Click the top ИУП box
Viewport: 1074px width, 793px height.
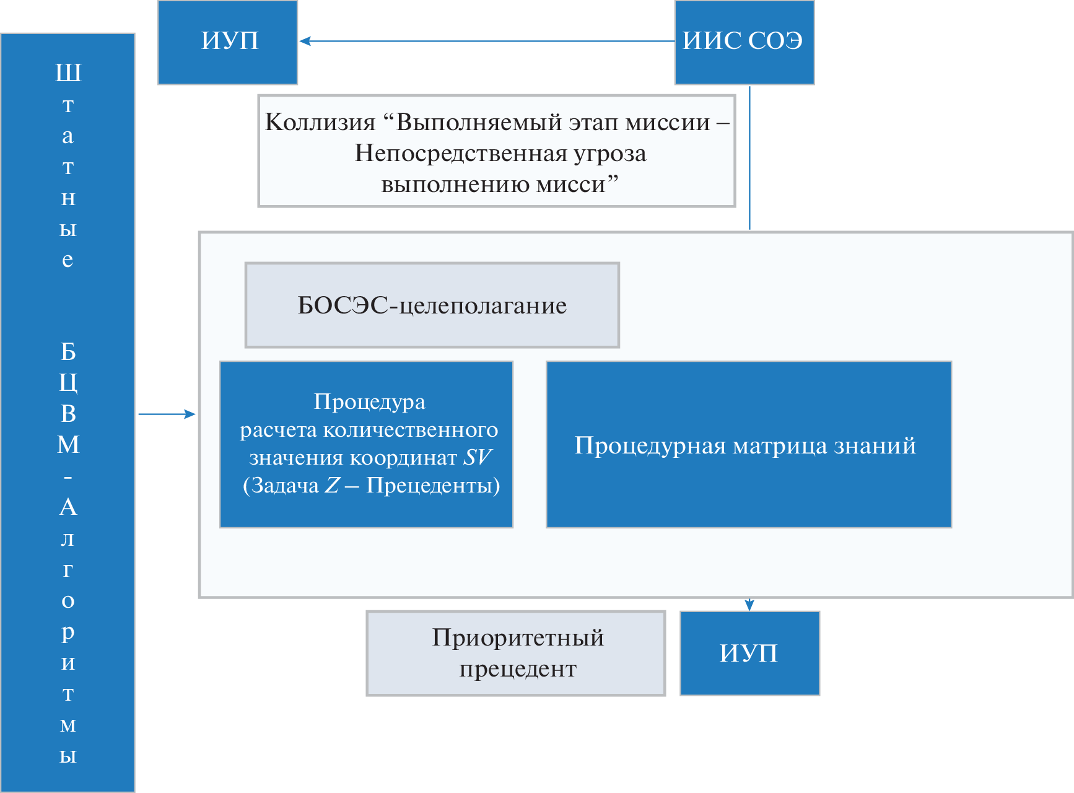click(x=227, y=42)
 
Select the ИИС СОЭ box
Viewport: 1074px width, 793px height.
click(x=744, y=42)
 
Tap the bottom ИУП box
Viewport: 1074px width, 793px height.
click(x=749, y=653)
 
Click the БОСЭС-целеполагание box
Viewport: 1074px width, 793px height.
click(x=432, y=305)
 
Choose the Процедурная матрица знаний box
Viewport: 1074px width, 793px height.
click(x=748, y=444)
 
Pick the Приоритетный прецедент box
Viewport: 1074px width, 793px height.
click(x=516, y=653)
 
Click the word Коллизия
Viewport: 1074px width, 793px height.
click(x=320, y=122)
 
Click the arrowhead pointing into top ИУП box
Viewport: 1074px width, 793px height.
click(x=305, y=42)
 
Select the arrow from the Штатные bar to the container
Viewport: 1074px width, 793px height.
click(x=166, y=414)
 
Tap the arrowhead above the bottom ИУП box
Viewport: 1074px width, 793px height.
click(x=749, y=605)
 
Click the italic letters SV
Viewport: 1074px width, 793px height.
click(x=477, y=458)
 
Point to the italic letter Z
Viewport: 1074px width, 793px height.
click(x=333, y=485)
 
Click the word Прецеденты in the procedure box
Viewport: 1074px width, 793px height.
click(x=433, y=485)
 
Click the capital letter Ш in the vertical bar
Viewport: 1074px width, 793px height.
click(x=68, y=73)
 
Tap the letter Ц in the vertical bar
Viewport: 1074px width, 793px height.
click(x=68, y=383)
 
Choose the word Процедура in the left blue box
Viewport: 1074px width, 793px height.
click(x=369, y=401)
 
